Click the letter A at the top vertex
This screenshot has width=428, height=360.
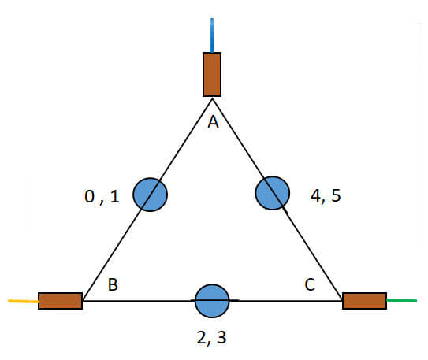pyautogui.click(x=213, y=121)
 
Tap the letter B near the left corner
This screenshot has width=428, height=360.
pyautogui.click(x=113, y=284)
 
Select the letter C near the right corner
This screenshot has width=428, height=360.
pyautogui.click(x=310, y=284)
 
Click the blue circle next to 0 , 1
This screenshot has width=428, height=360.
pyautogui.click(x=150, y=195)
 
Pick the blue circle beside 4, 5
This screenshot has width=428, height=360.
pyautogui.click(x=273, y=193)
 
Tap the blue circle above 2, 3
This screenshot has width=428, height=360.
pyautogui.click(x=212, y=301)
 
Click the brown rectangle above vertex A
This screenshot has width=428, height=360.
pyautogui.click(x=212, y=75)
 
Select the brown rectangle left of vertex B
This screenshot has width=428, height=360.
pyautogui.click(x=61, y=301)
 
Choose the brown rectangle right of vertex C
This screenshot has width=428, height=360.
pyautogui.click(x=364, y=301)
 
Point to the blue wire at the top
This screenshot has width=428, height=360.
pyautogui.click(x=212, y=35)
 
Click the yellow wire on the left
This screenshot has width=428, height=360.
pyautogui.click(x=23, y=301)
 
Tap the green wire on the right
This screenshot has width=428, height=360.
pyautogui.click(x=402, y=301)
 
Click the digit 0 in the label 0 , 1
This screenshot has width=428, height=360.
pyautogui.click(x=90, y=196)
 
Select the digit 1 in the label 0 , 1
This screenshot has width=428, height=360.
pyautogui.click(x=115, y=196)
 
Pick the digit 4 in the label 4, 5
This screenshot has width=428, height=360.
pyautogui.click(x=316, y=195)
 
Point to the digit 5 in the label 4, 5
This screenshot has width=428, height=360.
pyautogui.click(x=337, y=195)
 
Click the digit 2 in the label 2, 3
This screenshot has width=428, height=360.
pyautogui.click(x=202, y=337)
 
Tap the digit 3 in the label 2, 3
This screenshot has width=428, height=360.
pyautogui.click(x=222, y=337)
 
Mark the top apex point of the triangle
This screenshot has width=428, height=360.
pyautogui.click(x=212, y=98)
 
